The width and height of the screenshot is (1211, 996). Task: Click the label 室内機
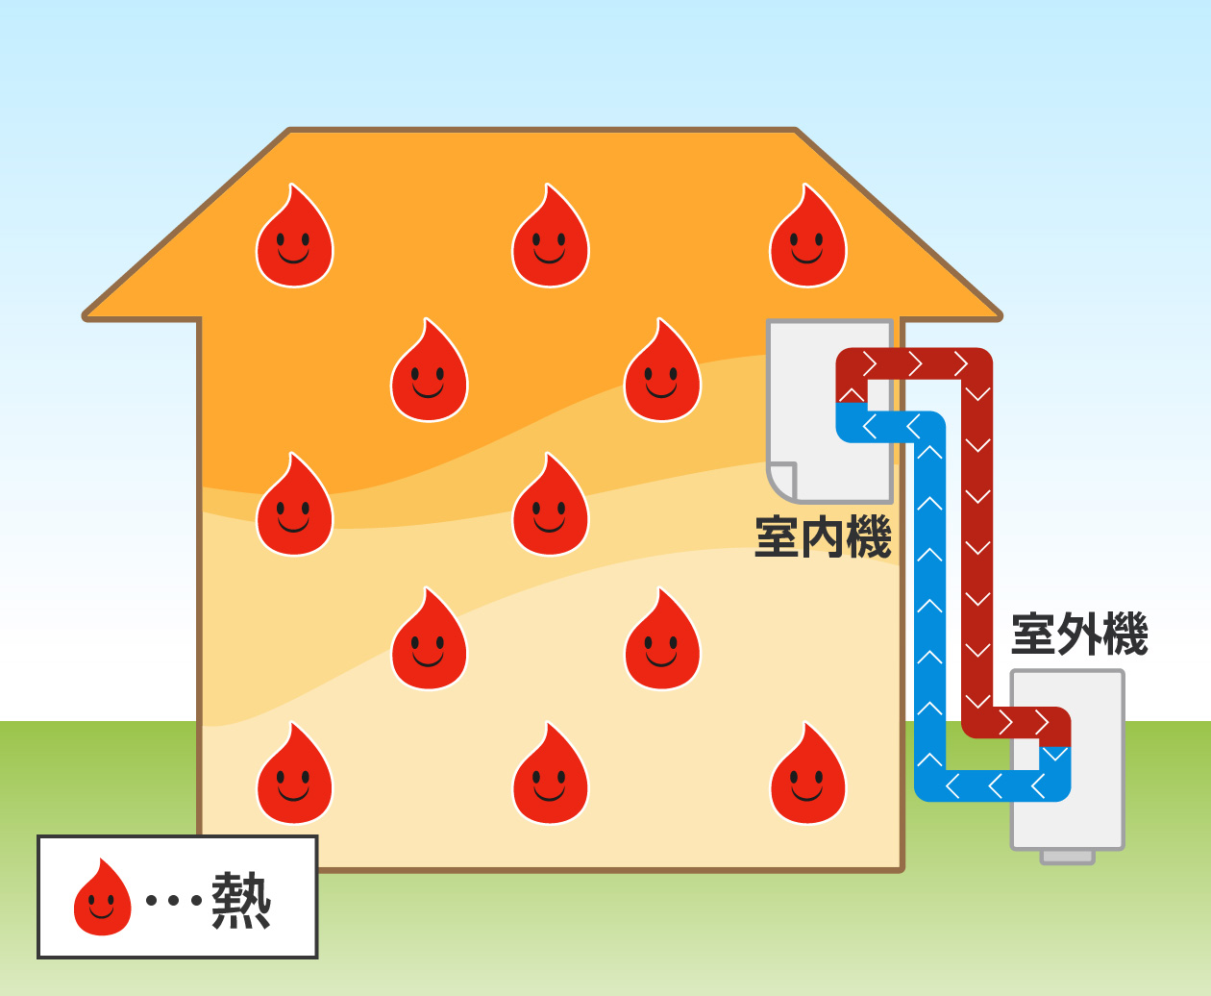[x=823, y=536]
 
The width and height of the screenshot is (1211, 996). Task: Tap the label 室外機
[x=1079, y=635]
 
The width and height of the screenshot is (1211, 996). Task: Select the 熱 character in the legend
[x=240, y=900]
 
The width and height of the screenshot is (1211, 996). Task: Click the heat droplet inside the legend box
[x=102, y=898]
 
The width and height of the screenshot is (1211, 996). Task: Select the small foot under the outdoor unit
[x=1068, y=856]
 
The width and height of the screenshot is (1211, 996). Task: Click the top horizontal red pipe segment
[x=913, y=363]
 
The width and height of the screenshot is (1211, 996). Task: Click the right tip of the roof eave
[x=998, y=314]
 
